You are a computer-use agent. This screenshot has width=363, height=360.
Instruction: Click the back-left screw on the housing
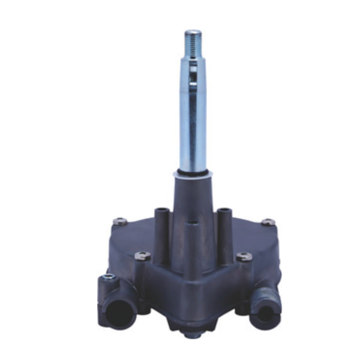click(x=120, y=221)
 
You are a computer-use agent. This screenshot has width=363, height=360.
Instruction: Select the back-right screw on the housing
click(x=268, y=222)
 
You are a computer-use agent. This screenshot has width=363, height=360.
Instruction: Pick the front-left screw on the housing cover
click(x=142, y=255)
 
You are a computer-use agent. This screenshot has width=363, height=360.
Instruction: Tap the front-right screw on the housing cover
click(x=244, y=256)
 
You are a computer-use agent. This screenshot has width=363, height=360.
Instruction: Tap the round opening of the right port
click(x=265, y=312)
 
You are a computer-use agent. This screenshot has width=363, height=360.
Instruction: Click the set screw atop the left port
click(x=109, y=278)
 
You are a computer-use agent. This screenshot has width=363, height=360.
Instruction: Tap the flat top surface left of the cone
click(x=138, y=232)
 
